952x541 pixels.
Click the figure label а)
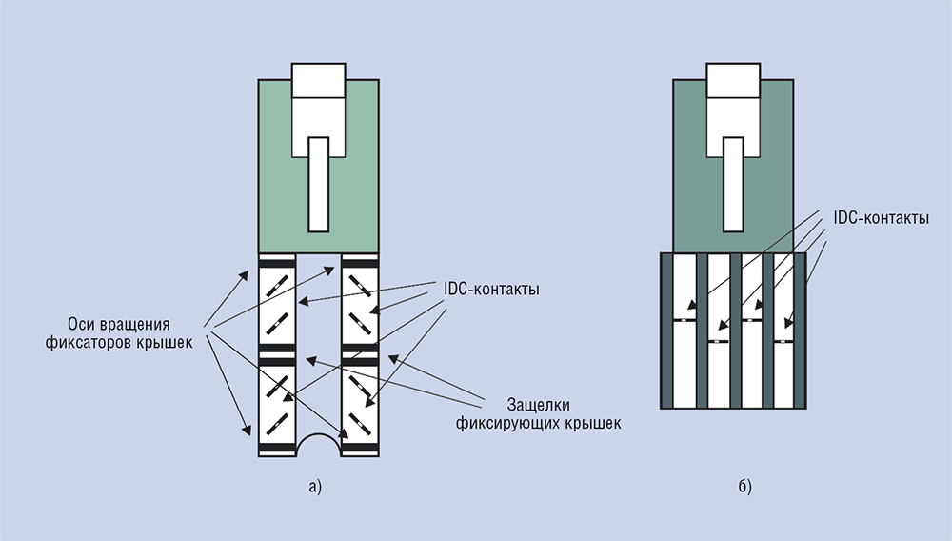click(315, 487)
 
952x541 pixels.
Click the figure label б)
click(745, 487)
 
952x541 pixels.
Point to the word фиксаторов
click(87, 343)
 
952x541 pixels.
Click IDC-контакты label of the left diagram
click(491, 289)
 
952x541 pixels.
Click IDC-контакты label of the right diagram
click(881, 218)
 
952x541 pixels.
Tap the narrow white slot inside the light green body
click(319, 185)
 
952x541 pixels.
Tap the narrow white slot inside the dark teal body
click(733, 185)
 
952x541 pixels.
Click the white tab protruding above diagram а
click(319, 80)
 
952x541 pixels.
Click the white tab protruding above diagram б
click(733, 80)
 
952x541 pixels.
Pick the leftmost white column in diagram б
click(684, 331)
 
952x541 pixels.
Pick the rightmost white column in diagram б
click(783, 331)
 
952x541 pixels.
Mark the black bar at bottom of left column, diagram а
click(277, 450)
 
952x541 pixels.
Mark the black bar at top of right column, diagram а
click(360, 264)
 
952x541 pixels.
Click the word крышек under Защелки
click(593, 423)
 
